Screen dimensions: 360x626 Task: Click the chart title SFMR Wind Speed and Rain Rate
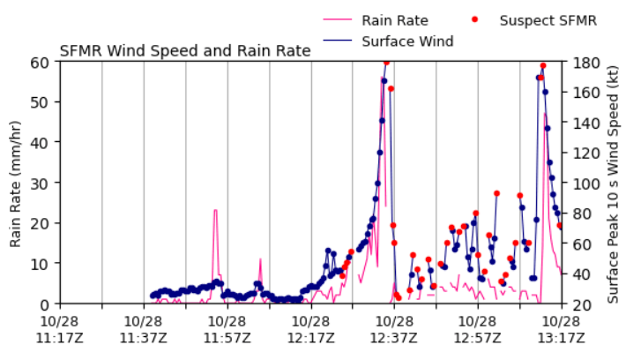(185, 51)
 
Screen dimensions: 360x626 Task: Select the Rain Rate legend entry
(394, 20)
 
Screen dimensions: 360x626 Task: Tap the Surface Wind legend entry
(406, 41)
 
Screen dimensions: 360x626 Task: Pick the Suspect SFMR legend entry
(548, 20)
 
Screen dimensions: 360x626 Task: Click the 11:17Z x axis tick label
(61, 328)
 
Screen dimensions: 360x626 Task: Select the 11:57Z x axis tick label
(227, 328)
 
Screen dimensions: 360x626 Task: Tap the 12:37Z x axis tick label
(394, 328)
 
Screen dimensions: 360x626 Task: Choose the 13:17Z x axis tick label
(561, 328)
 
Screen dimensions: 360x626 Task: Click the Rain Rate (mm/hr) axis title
(15, 183)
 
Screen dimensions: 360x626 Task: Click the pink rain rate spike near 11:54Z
(215, 212)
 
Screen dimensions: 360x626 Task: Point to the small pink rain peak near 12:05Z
(260, 259)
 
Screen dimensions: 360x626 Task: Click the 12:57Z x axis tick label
(477, 328)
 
